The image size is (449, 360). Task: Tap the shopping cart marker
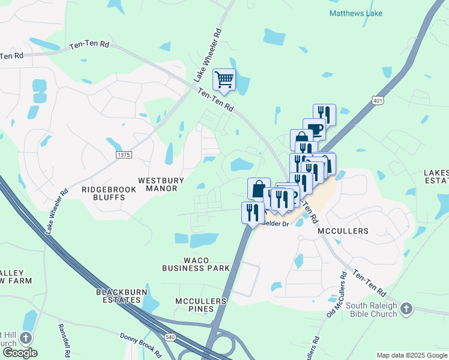click(224, 79)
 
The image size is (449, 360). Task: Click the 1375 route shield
click(124, 155)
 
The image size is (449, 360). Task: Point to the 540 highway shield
click(170, 338)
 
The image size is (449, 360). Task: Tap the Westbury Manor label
click(158, 184)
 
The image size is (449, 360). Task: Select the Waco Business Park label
click(196, 264)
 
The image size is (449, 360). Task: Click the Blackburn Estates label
click(122, 296)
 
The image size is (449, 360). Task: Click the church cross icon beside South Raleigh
click(407, 309)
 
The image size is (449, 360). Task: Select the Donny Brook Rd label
click(141, 346)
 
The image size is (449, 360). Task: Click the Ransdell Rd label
click(64, 341)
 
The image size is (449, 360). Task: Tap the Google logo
click(20, 353)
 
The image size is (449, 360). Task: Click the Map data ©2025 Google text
click(411, 355)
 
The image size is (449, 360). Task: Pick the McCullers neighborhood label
click(344, 231)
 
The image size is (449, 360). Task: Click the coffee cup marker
click(314, 128)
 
